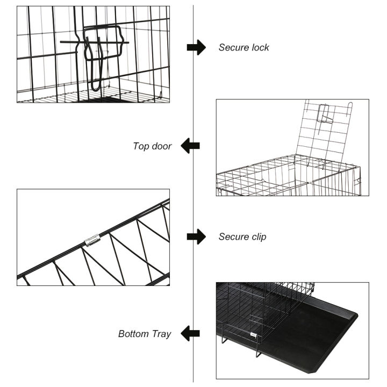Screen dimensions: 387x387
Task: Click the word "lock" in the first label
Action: pos(259,47)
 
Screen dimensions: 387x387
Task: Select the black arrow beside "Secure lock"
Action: pos(196,47)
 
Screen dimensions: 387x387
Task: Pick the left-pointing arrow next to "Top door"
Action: pos(190,146)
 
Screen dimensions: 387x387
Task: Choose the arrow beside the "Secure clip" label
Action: pos(196,236)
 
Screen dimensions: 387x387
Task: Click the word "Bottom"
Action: pos(134,334)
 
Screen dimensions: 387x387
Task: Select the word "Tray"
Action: pos(161,334)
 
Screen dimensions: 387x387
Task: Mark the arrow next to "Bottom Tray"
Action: pos(190,334)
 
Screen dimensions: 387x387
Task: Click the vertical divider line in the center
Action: pos(193,193)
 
